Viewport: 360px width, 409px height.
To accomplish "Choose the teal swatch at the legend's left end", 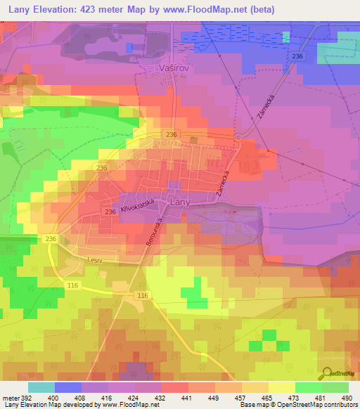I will [41, 387].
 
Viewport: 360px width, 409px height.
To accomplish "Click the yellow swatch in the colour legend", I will [282, 387].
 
